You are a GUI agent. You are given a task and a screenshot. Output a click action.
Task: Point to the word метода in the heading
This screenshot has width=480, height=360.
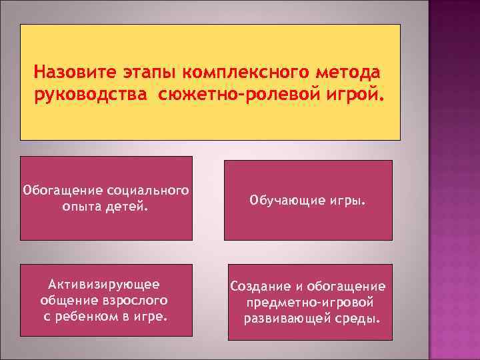coord(350,71)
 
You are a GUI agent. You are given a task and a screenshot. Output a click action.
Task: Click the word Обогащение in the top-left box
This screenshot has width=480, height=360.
coord(63,191)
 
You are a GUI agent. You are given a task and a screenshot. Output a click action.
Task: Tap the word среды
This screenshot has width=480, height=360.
coord(360,317)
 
